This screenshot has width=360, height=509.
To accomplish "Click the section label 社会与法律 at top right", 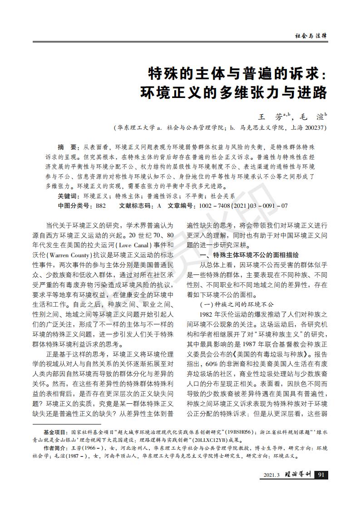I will pos(311,35).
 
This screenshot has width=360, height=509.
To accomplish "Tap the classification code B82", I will pos(100,206).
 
